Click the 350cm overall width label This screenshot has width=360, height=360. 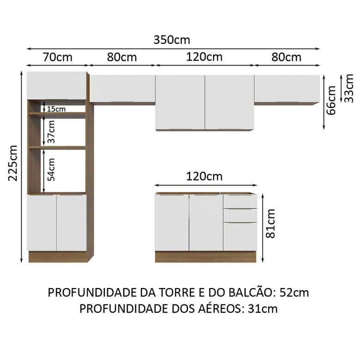[x=172, y=40]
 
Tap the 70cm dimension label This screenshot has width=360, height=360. [x=57, y=57]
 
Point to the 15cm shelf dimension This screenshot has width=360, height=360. [x=56, y=109]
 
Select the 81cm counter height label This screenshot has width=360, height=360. [x=271, y=223]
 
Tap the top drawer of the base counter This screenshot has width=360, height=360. [x=240, y=201]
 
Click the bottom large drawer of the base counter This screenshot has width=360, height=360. [x=240, y=236]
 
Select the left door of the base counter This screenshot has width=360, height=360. [x=172, y=222]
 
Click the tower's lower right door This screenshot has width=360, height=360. [x=72, y=222]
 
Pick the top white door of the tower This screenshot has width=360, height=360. [x=56, y=85]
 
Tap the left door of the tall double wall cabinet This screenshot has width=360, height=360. [x=180, y=102]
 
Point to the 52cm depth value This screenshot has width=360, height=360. [x=294, y=293]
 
